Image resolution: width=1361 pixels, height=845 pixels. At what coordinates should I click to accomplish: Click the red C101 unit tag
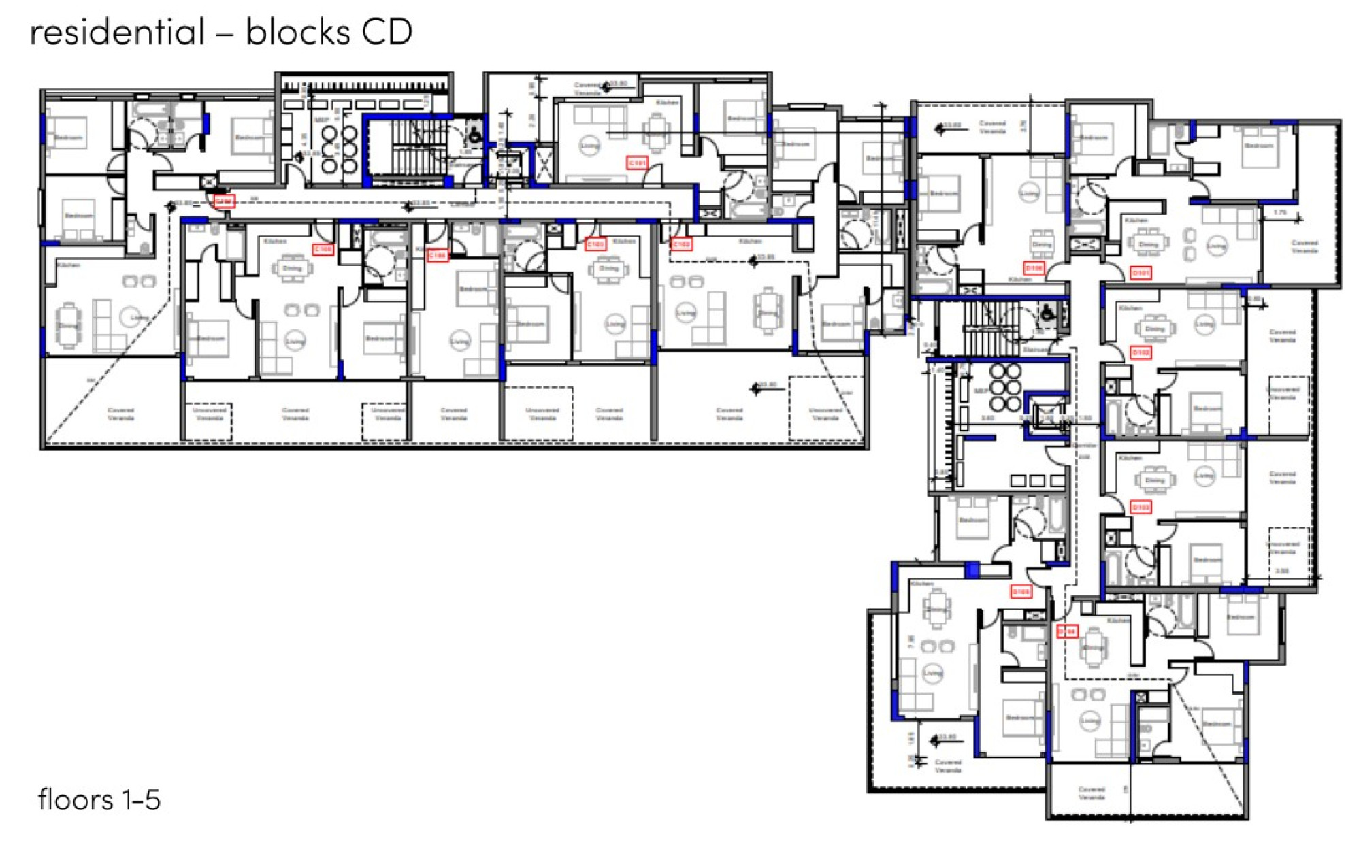click(637, 163)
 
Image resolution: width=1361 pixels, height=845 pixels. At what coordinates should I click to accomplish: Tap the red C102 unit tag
click(681, 244)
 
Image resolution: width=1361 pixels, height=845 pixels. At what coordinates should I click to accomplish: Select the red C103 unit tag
click(595, 244)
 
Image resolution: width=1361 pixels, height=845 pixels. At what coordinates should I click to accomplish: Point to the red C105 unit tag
click(323, 250)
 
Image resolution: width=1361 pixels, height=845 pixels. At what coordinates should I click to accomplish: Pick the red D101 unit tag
click(1141, 273)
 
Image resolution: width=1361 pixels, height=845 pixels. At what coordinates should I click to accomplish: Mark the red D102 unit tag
click(1141, 352)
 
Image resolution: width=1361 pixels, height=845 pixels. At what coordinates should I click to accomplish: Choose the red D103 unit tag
click(1141, 508)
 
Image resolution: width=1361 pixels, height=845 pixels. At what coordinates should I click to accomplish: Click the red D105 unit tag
click(1021, 592)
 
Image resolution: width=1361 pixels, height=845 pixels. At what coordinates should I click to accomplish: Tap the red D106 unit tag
click(1034, 268)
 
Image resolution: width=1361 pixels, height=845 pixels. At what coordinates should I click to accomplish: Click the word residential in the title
click(117, 32)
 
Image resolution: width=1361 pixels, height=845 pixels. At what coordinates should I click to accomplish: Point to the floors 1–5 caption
click(99, 800)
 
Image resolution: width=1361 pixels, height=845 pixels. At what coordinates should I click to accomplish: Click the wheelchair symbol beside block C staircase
click(474, 136)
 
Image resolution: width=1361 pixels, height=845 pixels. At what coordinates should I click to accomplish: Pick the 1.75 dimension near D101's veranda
click(1279, 213)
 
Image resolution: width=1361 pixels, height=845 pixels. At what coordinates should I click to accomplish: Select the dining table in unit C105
click(292, 269)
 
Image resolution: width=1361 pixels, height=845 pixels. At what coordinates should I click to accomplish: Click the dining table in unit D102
click(1154, 329)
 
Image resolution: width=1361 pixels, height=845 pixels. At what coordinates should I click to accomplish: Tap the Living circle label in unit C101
click(589, 146)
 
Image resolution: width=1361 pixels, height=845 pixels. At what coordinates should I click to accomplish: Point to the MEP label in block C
click(321, 120)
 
